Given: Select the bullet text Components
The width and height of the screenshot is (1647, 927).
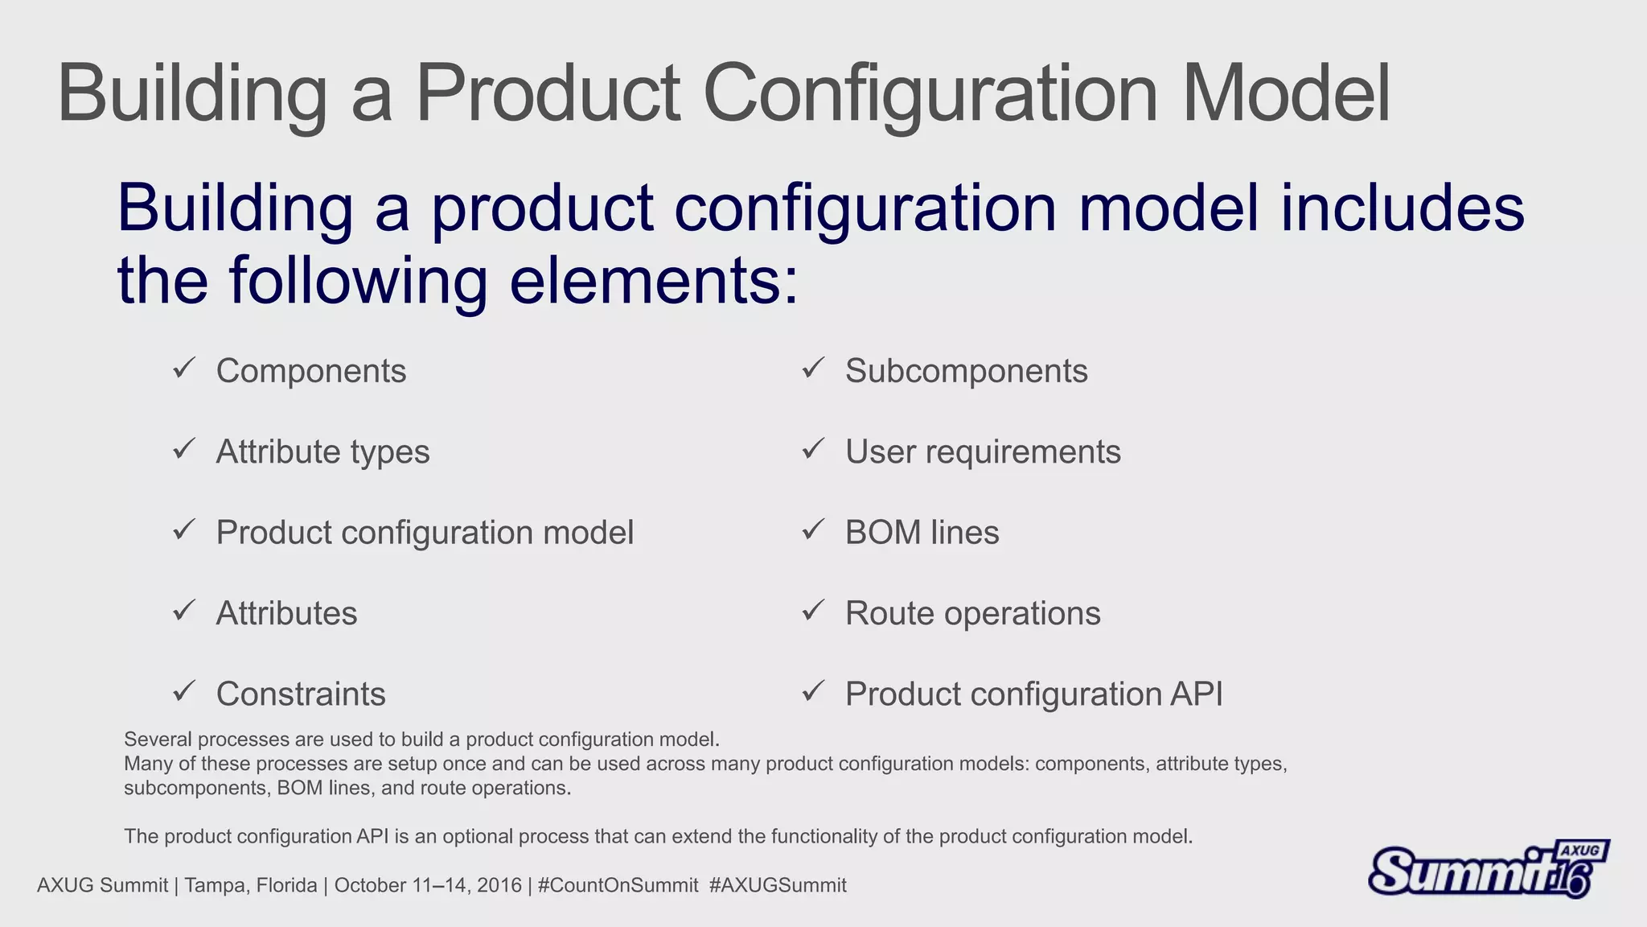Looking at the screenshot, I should point(311,371).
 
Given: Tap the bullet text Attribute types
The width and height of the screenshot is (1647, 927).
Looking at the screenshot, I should point(322,452).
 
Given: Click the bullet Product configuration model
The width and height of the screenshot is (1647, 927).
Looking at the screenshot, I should point(425,533).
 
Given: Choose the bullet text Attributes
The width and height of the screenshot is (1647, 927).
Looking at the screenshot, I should point(286,613).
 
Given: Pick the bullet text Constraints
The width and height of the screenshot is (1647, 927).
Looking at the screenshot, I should point(301,694).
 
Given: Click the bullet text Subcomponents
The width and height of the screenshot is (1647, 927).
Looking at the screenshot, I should point(966,371).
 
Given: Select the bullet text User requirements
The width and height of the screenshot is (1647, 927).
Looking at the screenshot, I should point(983,452).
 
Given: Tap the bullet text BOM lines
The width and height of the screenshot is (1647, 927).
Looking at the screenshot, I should point(922,533).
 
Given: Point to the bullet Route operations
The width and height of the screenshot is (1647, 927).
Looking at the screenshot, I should point(972,613).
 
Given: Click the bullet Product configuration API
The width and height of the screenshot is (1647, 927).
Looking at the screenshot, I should point(1033,694).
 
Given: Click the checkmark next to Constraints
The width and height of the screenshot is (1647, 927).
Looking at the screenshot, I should point(184,690).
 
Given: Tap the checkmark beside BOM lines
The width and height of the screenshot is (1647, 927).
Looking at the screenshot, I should point(813,529).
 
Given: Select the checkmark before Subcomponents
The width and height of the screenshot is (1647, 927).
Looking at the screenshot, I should point(813,368).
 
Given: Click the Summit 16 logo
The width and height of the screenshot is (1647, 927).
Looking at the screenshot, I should point(1488,870).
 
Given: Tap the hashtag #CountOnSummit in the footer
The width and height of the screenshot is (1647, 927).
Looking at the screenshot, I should point(618,886).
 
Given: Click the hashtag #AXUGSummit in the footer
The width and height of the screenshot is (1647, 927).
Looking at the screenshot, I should point(778,886).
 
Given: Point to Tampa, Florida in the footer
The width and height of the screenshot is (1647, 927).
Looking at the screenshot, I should point(250,886).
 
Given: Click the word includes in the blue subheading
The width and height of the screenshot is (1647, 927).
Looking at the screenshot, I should point(1402,208).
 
